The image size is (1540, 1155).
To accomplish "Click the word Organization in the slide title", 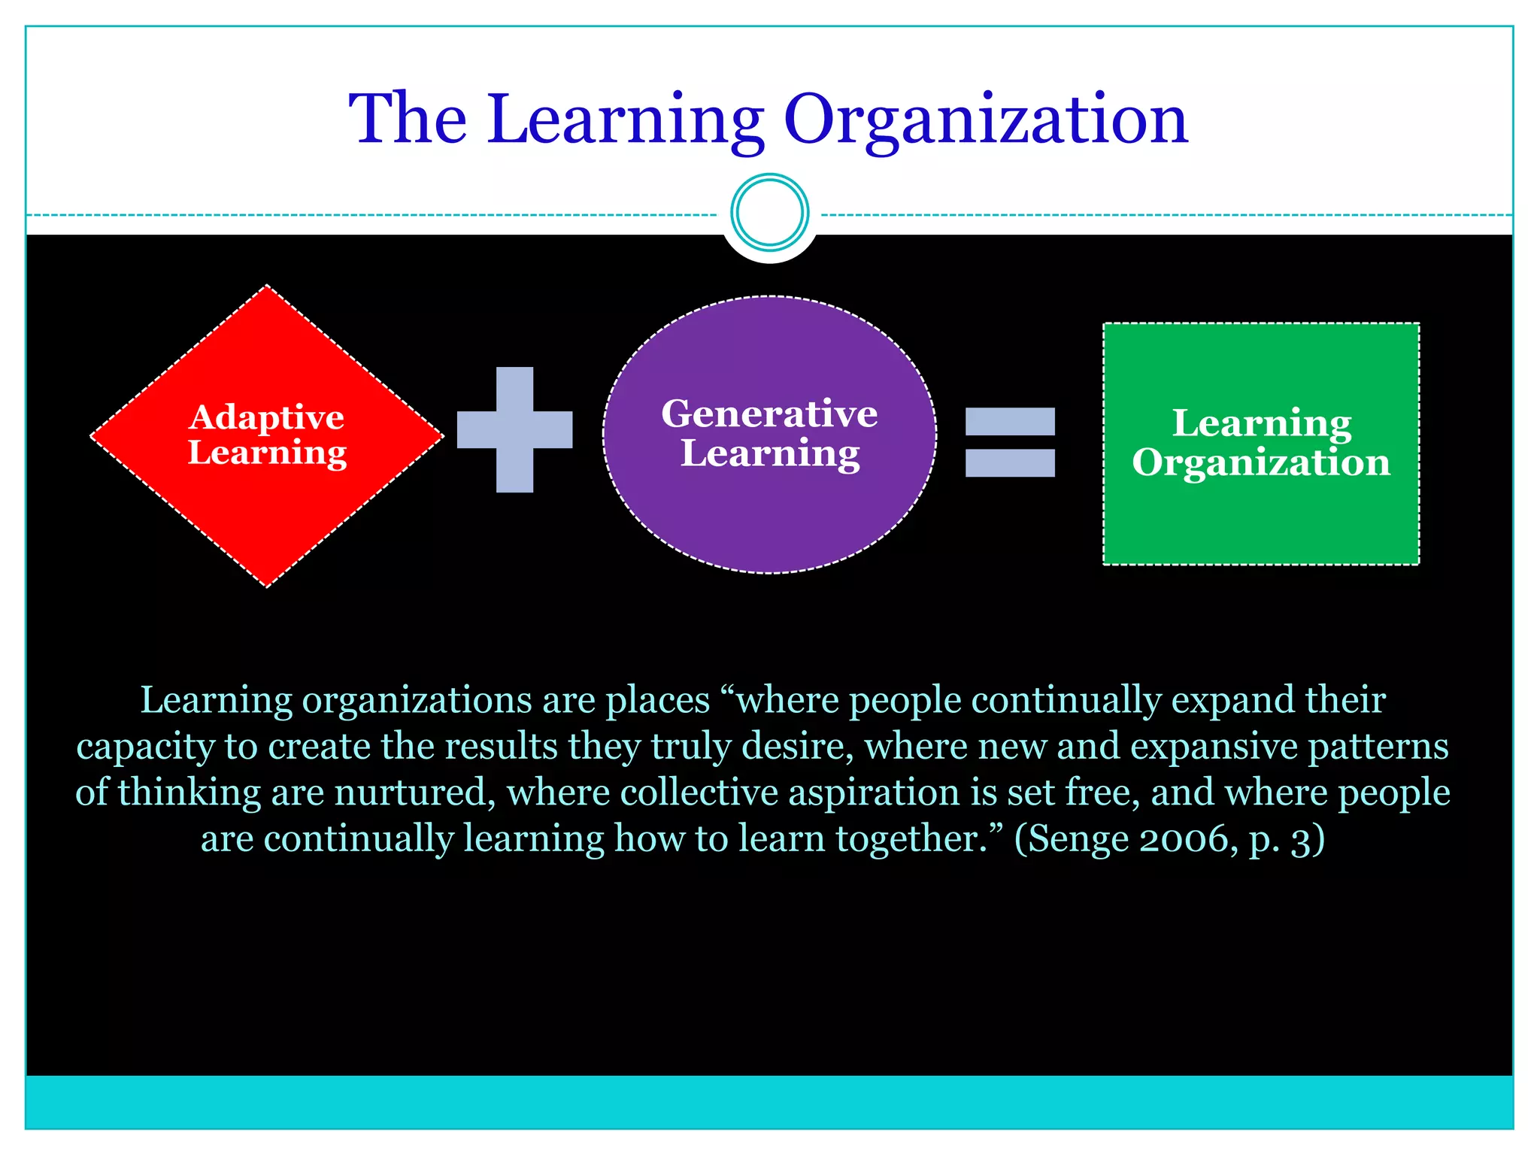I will pyautogui.click(x=985, y=120).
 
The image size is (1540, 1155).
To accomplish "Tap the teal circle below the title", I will pyautogui.click(x=769, y=213).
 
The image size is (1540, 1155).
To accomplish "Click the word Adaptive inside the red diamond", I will pyautogui.click(x=267, y=417).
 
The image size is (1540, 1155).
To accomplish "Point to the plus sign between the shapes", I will pyautogui.click(x=515, y=429).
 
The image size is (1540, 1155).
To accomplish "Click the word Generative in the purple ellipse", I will pyautogui.click(x=769, y=414).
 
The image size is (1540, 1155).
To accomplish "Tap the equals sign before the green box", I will pyautogui.click(x=1010, y=442).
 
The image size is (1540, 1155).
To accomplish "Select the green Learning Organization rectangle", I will pyautogui.click(x=1261, y=519).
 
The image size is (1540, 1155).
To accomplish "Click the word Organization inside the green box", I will pyautogui.click(x=1261, y=462).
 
